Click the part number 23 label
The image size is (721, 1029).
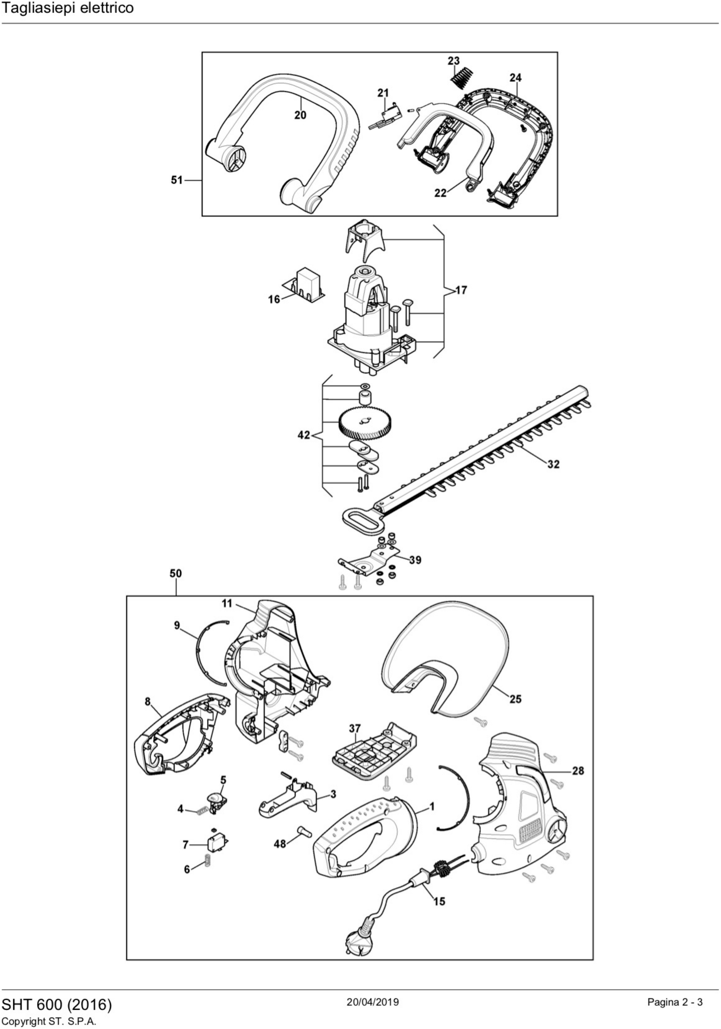453,61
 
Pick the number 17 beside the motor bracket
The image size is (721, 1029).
461,290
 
